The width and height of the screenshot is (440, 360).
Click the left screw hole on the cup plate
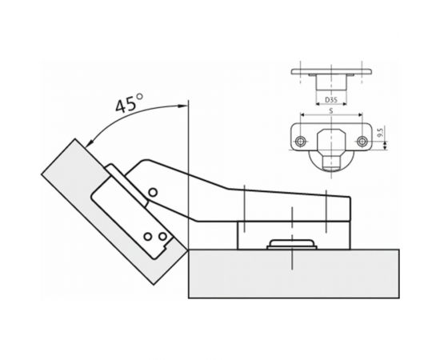coord(301,142)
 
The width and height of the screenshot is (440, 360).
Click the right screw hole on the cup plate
coord(362,142)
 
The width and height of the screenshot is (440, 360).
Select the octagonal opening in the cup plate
coord(331,141)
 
